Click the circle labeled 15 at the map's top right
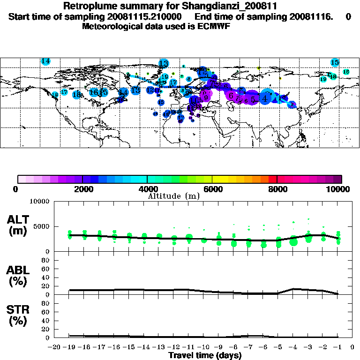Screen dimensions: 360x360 [335, 62]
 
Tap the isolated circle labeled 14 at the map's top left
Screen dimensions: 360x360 [45, 61]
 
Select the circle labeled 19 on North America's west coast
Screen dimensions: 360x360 [55, 95]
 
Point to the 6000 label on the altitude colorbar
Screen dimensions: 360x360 [212, 189]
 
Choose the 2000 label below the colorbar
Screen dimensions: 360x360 [82, 189]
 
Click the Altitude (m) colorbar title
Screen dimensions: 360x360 [174, 196]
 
